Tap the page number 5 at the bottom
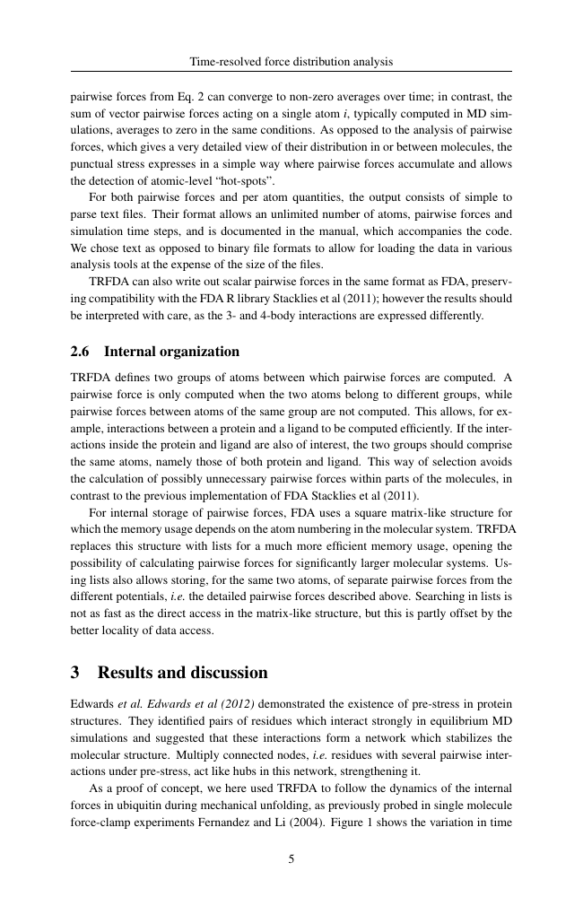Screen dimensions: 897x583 [291, 858]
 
